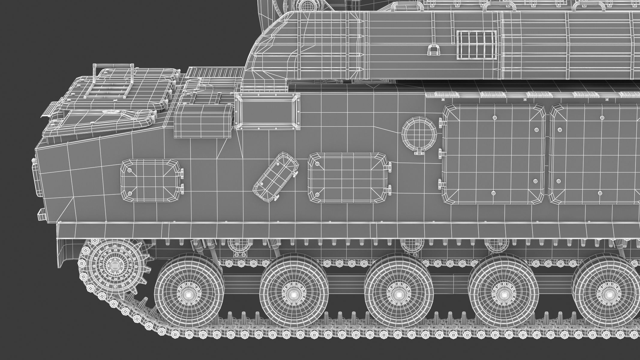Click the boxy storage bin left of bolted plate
coord(203,121)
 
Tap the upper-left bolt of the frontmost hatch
coord(130,170)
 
